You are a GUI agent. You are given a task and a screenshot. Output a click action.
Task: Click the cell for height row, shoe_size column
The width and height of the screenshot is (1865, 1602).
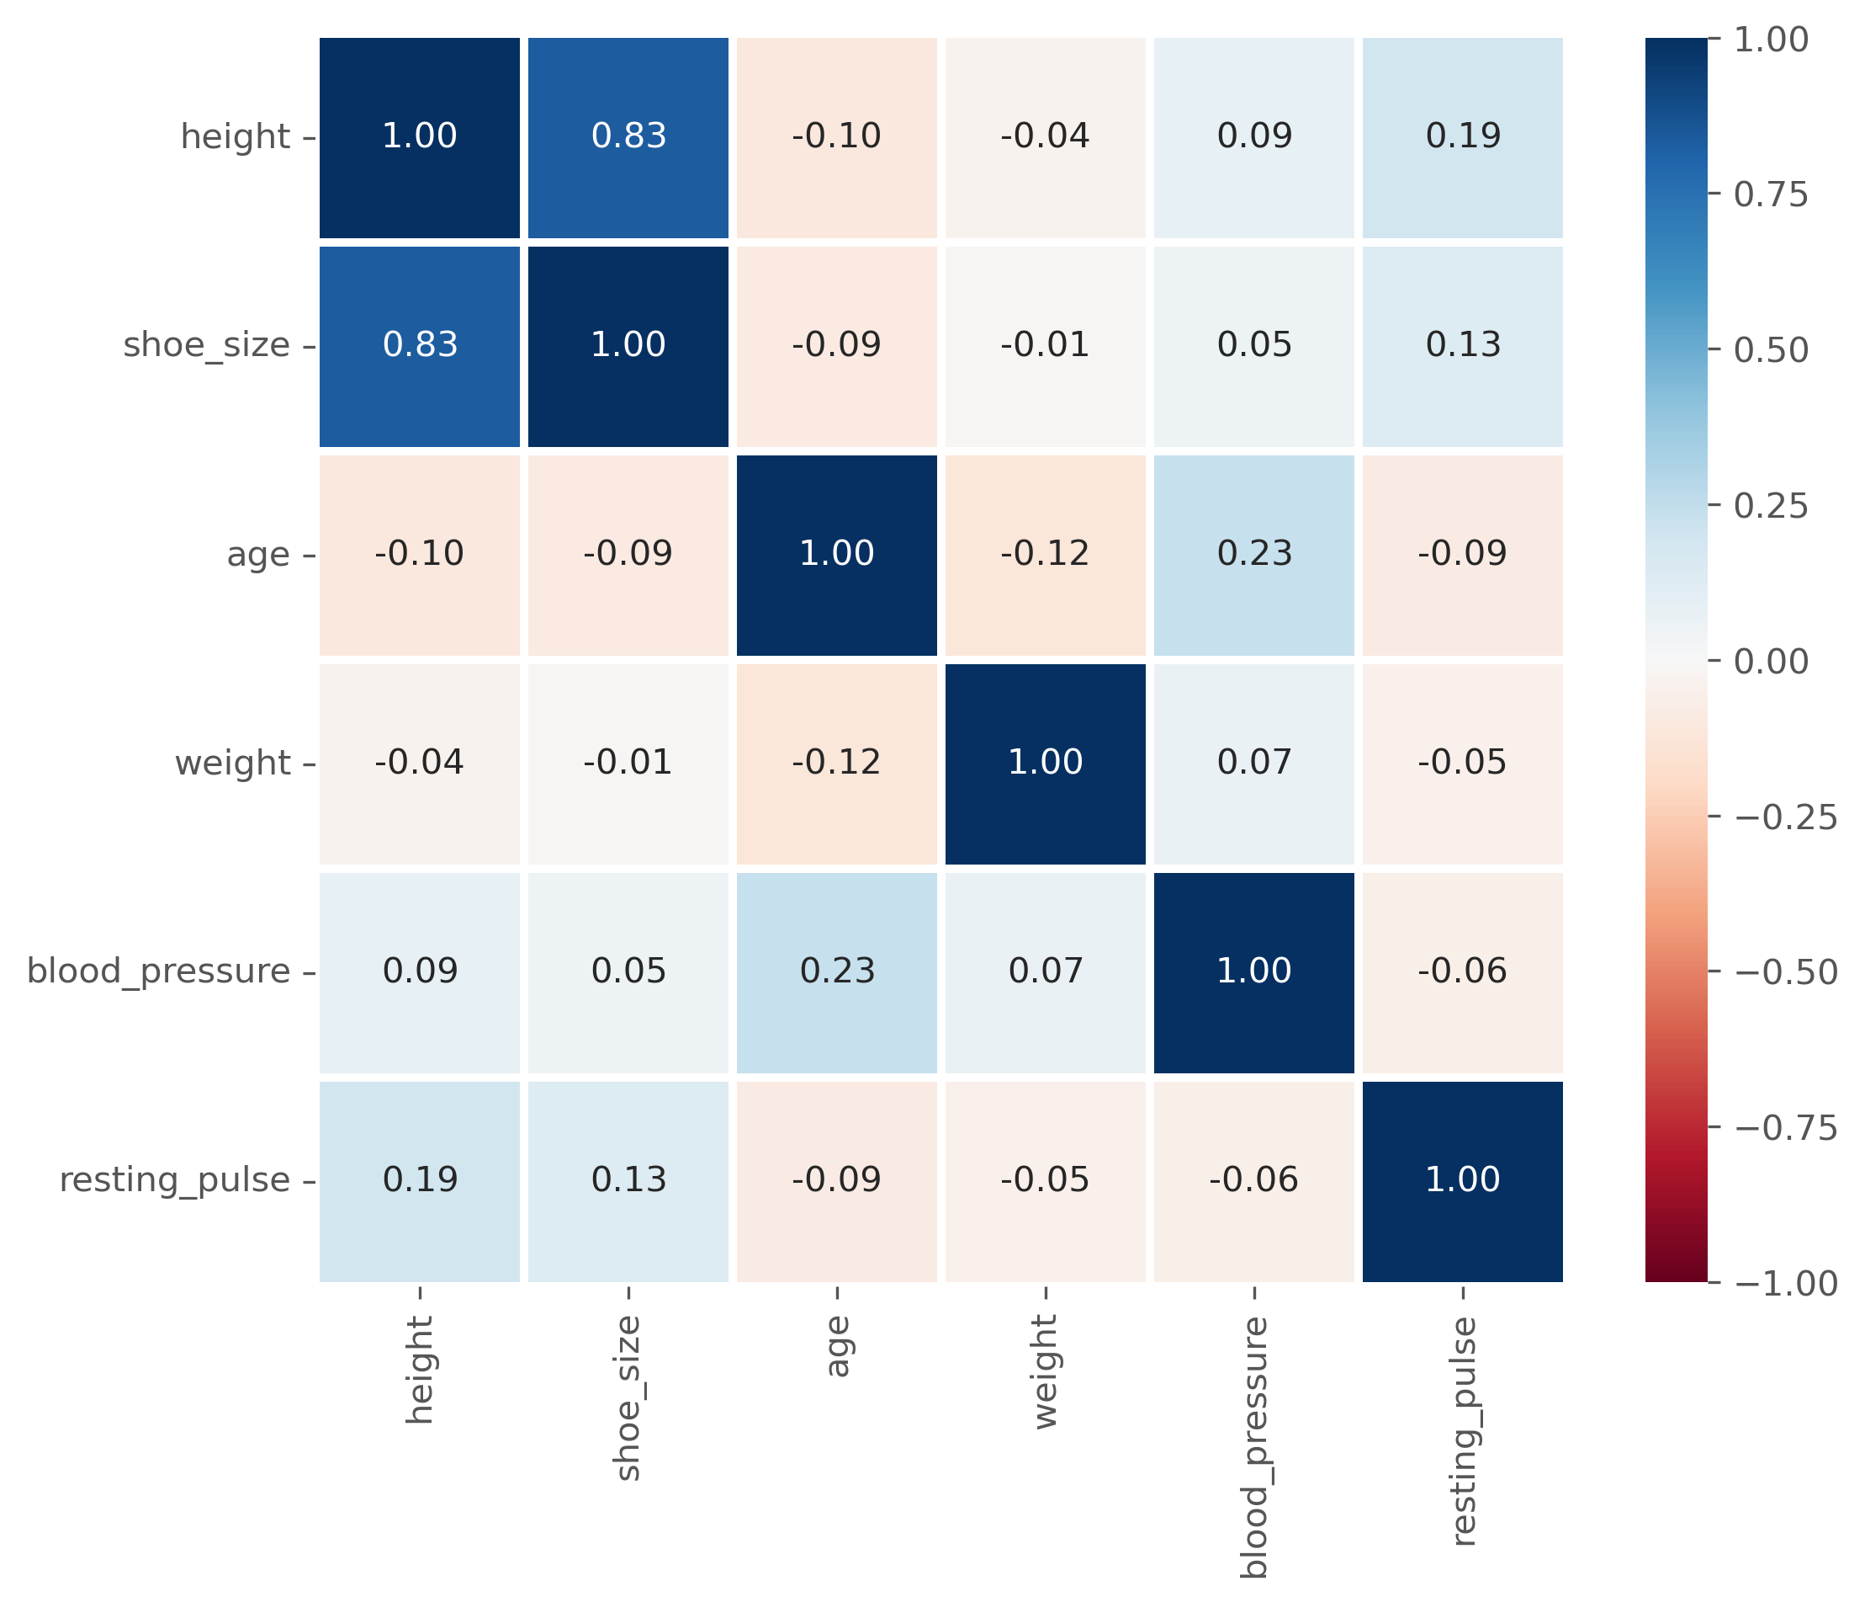coord(628,138)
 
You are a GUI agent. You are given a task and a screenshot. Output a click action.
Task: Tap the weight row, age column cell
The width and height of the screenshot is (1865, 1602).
coord(837,764)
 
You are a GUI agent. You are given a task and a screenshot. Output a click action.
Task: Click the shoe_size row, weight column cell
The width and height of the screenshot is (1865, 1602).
coord(1046,347)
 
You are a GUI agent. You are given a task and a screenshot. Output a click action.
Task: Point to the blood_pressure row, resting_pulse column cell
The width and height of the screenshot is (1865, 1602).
coord(1463,972)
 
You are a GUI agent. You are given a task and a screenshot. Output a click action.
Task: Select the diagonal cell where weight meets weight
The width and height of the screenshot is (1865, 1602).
coord(1046,764)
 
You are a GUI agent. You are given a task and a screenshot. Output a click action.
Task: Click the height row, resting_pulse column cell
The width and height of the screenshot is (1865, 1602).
coord(1463,138)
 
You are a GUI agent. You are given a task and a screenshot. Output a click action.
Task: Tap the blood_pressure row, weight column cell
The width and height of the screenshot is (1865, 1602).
coord(1046,972)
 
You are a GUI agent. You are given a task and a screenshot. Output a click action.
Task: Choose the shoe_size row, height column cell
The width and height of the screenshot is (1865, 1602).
coord(420,347)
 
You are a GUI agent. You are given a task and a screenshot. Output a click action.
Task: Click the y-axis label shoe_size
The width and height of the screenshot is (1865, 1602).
coord(207,346)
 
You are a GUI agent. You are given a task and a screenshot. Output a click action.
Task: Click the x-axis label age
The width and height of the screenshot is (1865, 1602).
coord(838,1346)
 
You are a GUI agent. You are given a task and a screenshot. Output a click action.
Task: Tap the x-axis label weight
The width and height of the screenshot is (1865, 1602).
coord(1046,1372)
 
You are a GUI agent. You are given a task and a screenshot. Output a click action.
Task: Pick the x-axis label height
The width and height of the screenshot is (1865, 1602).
coord(421,1370)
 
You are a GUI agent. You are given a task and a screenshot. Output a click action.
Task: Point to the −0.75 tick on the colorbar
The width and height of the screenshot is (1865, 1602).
coord(1786,1127)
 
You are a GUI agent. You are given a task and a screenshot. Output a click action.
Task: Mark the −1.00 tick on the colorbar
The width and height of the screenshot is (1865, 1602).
coord(1786,1283)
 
